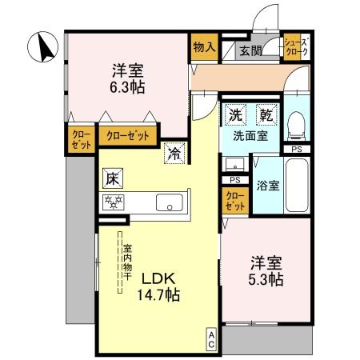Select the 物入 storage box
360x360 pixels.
tap(204, 47)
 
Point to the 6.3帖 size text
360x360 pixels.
tap(127, 85)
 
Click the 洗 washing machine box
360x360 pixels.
tap(236, 115)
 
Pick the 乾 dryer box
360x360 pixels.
tap(266, 115)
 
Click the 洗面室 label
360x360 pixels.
tap(250, 136)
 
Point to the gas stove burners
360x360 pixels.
tap(112, 202)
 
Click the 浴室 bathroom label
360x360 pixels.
tap(268, 186)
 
